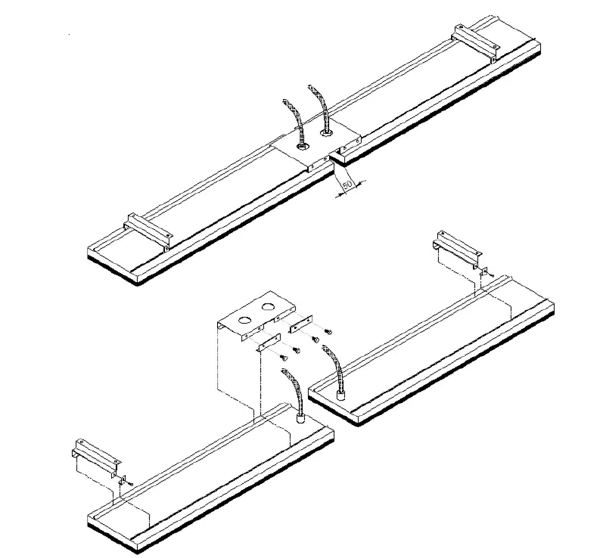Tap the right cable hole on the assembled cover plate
[x=327, y=133]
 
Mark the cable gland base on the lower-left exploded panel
[x=300, y=417]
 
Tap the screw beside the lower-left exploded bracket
[x=130, y=481]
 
